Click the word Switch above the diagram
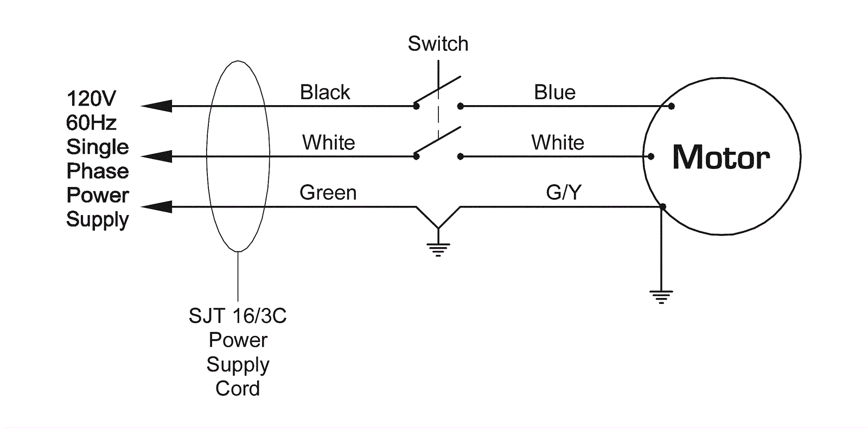(438, 44)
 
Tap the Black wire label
(325, 93)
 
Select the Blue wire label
(554, 93)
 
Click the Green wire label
(328, 193)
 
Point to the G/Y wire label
(564, 192)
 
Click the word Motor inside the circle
(721, 158)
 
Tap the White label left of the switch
(328, 143)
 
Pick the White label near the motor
(557, 143)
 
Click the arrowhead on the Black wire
(157, 106)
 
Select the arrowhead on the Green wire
(157, 206)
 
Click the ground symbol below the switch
(438, 249)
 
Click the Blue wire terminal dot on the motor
(672, 106)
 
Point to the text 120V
(91, 99)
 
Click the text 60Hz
(91, 123)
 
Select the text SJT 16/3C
(237, 316)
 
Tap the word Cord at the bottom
(237, 388)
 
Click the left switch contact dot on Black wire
(416, 106)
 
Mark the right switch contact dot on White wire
(460, 157)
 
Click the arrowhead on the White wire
(157, 157)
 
